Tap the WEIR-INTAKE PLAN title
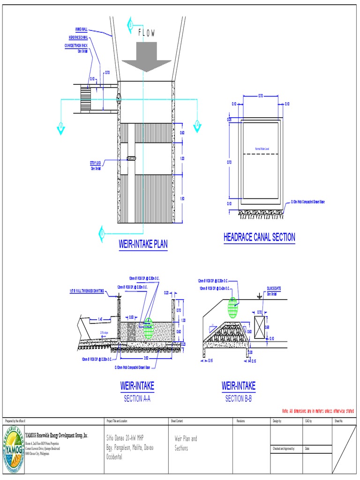coord(143,244)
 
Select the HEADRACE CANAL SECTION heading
coord(259,237)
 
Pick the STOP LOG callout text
coord(96,162)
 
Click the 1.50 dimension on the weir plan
coord(182,199)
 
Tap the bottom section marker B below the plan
coord(101,232)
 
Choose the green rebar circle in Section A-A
coord(148,328)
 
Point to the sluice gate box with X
coord(259,327)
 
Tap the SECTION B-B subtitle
coord(238,399)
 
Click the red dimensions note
coord(317,411)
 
